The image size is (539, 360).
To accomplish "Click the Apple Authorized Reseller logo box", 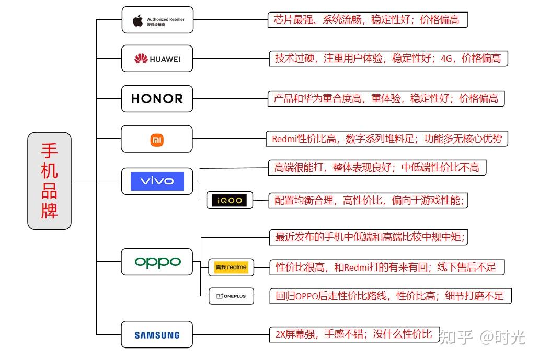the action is (157, 20).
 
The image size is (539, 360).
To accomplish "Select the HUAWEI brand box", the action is (157, 59).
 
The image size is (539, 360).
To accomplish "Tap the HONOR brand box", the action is (157, 99).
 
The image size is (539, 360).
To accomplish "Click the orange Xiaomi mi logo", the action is (157, 140).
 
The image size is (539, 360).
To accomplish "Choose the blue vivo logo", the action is (157, 181).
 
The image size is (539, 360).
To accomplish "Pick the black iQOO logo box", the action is (230, 200).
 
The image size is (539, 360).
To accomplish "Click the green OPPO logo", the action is (157, 262).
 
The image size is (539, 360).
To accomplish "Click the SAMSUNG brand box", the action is (157, 335).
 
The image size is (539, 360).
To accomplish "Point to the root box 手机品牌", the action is (49, 181).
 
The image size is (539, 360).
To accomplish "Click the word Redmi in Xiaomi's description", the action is (284, 139).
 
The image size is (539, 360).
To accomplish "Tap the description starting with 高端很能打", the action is (376, 168).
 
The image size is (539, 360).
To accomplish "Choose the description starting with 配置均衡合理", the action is (369, 200).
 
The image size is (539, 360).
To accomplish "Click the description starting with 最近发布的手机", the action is (370, 237).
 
